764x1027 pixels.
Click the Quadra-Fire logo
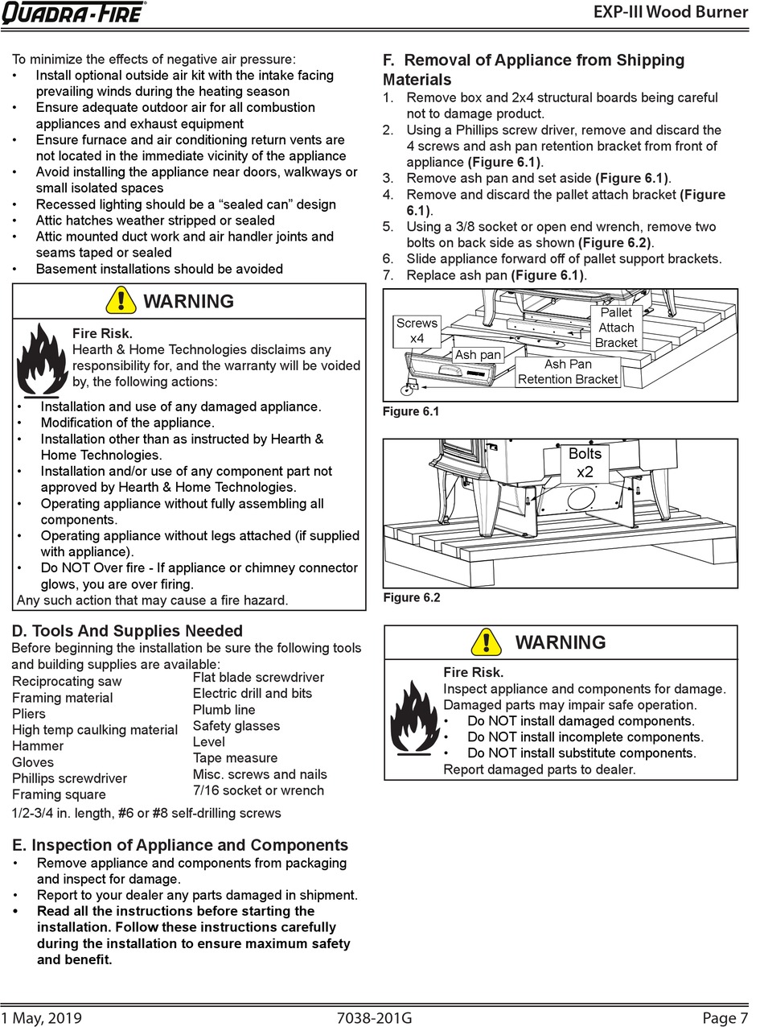coord(73,13)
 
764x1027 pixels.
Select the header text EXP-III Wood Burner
coord(670,12)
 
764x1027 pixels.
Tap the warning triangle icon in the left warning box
coord(121,301)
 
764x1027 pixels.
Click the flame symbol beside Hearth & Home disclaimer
coord(41,359)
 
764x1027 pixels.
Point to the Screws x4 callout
coord(417,330)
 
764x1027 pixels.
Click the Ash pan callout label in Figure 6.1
coord(478,355)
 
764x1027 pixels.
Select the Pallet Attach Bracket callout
coord(616,328)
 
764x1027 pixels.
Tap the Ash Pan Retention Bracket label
coord(568,372)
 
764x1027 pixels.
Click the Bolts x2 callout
coord(585,462)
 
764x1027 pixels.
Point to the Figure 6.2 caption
coord(411,598)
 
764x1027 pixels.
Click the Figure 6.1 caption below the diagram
coord(411,412)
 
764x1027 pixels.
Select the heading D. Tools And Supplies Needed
coord(127,631)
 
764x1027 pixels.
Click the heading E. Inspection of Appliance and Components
coord(181,845)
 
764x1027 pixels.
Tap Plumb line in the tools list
coord(224,710)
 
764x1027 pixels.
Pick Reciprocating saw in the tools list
coord(67,682)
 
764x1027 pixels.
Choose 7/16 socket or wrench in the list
coord(258,790)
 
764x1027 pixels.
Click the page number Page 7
coord(725,1018)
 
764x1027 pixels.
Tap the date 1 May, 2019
coord(42,1018)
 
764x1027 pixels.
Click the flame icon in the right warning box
coord(414,716)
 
